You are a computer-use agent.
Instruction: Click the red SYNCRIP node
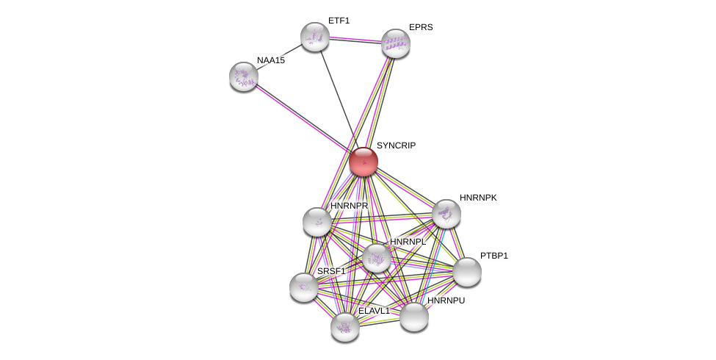(363, 162)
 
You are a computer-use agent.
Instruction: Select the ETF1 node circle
(314, 37)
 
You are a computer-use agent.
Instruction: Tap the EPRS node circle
(395, 43)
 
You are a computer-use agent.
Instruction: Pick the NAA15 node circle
(243, 76)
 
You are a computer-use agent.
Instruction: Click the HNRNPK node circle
(446, 214)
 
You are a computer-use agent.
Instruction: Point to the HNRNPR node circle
(317, 222)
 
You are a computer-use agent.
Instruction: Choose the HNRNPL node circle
(376, 258)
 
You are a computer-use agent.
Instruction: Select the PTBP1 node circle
(466, 272)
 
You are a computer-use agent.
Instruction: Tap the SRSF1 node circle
(303, 287)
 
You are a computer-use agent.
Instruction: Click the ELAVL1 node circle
(344, 327)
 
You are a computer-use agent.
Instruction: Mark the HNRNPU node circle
(413, 317)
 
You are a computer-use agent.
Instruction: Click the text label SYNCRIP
(396, 145)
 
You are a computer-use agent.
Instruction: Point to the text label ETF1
(339, 21)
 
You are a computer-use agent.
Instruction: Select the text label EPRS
(421, 27)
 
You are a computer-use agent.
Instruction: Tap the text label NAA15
(270, 60)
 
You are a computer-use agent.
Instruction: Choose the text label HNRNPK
(478, 198)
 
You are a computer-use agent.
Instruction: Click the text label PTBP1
(493, 256)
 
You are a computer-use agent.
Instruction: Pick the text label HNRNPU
(446, 300)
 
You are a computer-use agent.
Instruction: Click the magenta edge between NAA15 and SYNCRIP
(301, 118)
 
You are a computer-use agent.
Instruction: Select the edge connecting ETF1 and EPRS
(355, 40)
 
